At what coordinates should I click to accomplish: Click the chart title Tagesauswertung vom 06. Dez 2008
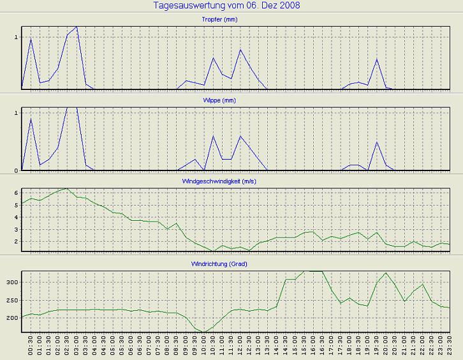[227, 6]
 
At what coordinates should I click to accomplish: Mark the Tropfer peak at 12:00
[240, 50]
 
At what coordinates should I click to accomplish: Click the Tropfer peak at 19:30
[377, 59]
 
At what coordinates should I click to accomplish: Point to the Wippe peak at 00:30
[31, 119]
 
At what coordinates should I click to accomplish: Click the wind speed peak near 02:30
[67, 188]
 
